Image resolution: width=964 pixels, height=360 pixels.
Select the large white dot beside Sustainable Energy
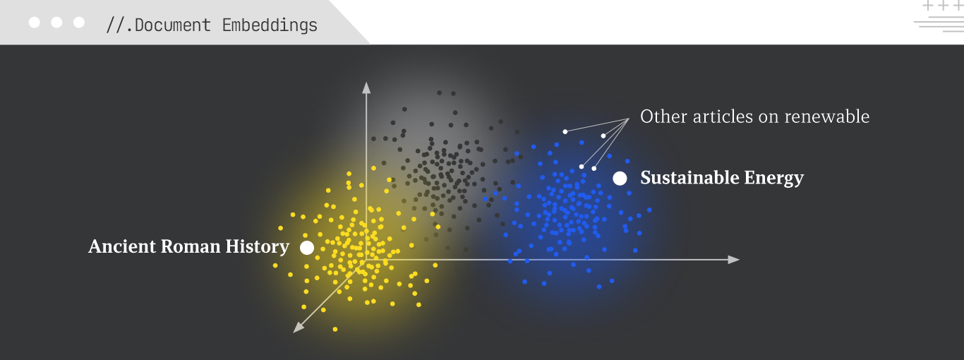(620, 179)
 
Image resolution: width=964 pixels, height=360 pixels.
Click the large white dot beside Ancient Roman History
(307, 248)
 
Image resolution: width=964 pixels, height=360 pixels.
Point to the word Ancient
(122, 246)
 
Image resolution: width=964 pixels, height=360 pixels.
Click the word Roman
(191, 246)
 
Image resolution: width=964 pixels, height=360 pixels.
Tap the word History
(258, 247)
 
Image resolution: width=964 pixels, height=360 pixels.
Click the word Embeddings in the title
(270, 25)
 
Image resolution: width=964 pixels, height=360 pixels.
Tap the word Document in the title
(173, 25)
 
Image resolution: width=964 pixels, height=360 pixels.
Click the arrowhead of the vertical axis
(366, 88)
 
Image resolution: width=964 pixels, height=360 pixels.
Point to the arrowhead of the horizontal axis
(733, 260)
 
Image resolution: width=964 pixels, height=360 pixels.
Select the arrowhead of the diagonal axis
(298, 328)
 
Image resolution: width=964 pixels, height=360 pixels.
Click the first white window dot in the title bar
(35, 23)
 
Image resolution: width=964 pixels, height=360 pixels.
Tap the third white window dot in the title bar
(79, 23)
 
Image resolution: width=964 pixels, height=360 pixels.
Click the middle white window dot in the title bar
(56, 23)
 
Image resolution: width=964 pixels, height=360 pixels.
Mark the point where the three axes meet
(366, 260)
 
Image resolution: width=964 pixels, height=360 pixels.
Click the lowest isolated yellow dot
(335, 330)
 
